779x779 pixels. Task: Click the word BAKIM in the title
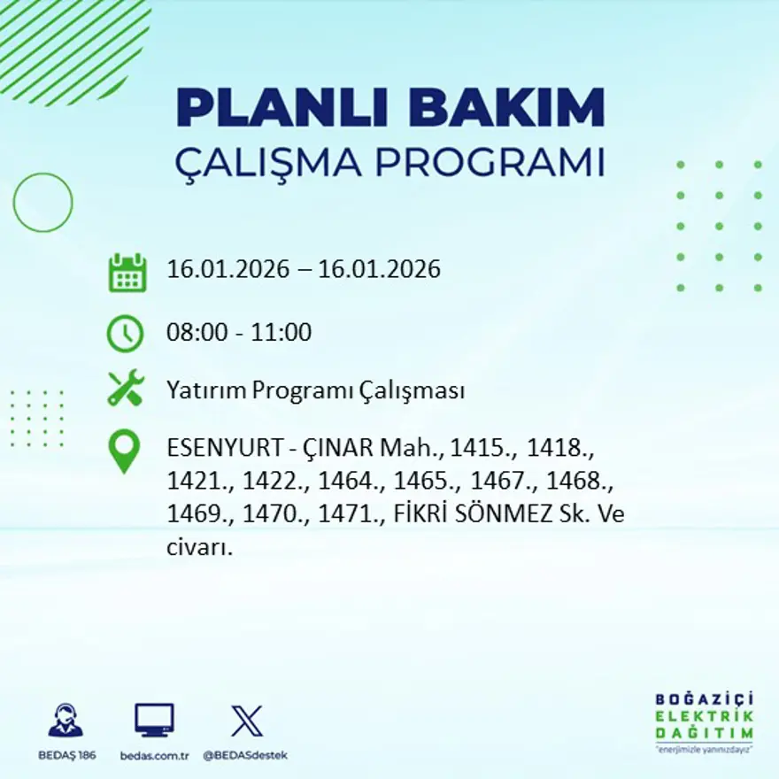coord(499,109)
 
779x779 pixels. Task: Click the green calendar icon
coord(127,273)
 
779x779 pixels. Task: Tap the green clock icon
coord(125,334)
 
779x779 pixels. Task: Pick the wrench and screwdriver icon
coord(126,389)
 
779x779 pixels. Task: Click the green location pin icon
coord(124,450)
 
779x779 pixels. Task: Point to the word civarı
coord(198,548)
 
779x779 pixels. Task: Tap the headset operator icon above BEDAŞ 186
coord(66,721)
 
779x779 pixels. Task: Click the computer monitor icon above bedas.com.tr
coord(154,721)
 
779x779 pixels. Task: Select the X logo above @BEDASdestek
coord(246,721)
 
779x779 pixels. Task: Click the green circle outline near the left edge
coord(42,203)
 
